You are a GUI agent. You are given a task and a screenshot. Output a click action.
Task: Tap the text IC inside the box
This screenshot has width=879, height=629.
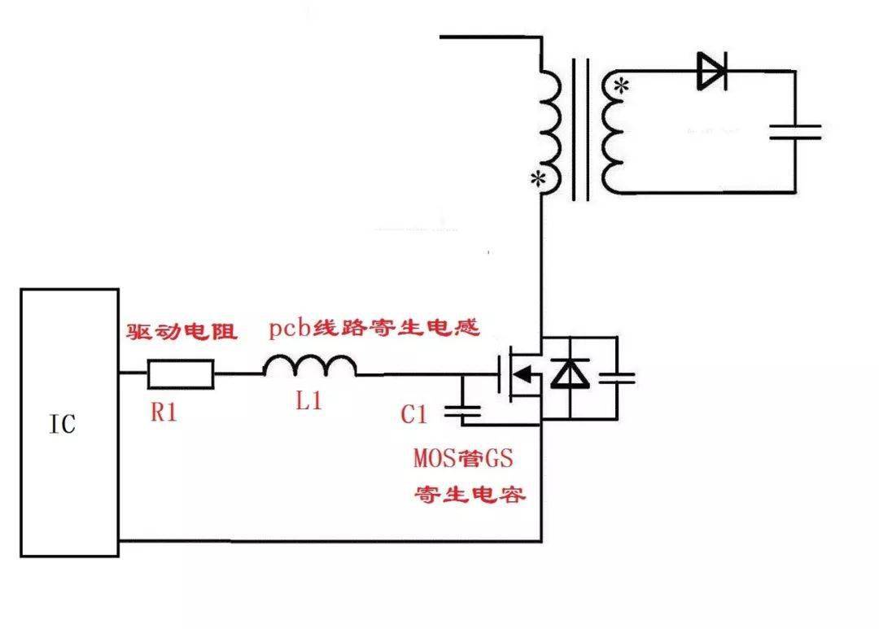point(63,423)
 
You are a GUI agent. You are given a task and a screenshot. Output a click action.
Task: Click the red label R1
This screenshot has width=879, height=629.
point(164,413)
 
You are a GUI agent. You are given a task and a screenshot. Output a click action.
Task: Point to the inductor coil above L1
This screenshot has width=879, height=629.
point(309,369)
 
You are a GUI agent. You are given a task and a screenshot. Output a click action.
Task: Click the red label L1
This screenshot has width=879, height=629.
point(308,401)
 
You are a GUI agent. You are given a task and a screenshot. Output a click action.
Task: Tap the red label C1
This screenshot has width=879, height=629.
point(414,414)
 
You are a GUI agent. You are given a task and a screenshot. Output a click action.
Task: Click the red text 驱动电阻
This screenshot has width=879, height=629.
point(181,332)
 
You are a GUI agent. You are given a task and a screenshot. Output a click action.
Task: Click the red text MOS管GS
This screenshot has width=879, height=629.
point(463,458)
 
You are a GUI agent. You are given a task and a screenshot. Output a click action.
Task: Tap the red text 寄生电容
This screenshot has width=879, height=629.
point(469,495)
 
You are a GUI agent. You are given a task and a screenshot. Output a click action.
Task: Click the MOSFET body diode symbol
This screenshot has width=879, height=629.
point(569,374)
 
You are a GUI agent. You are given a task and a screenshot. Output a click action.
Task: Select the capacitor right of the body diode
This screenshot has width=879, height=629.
point(616,378)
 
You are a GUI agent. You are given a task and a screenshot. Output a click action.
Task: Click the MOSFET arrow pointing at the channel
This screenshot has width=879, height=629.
point(527,375)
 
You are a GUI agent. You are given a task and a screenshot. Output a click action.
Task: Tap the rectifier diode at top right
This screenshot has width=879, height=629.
point(711,72)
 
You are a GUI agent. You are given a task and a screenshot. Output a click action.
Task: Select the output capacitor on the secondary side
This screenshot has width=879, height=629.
point(795,132)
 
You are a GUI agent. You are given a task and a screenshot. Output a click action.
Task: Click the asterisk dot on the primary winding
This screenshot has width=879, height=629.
point(537,179)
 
